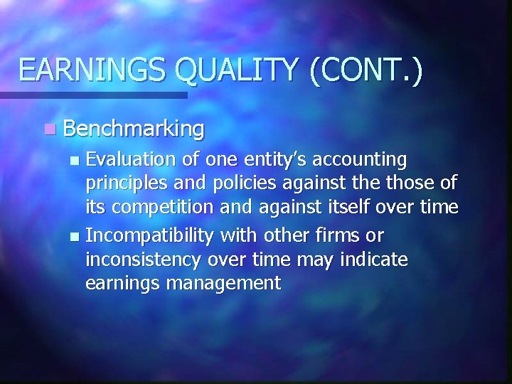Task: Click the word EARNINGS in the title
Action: click(x=92, y=70)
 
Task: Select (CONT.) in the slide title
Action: click(x=365, y=70)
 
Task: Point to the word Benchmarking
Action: click(x=134, y=129)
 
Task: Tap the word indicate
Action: click(x=372, y=259)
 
